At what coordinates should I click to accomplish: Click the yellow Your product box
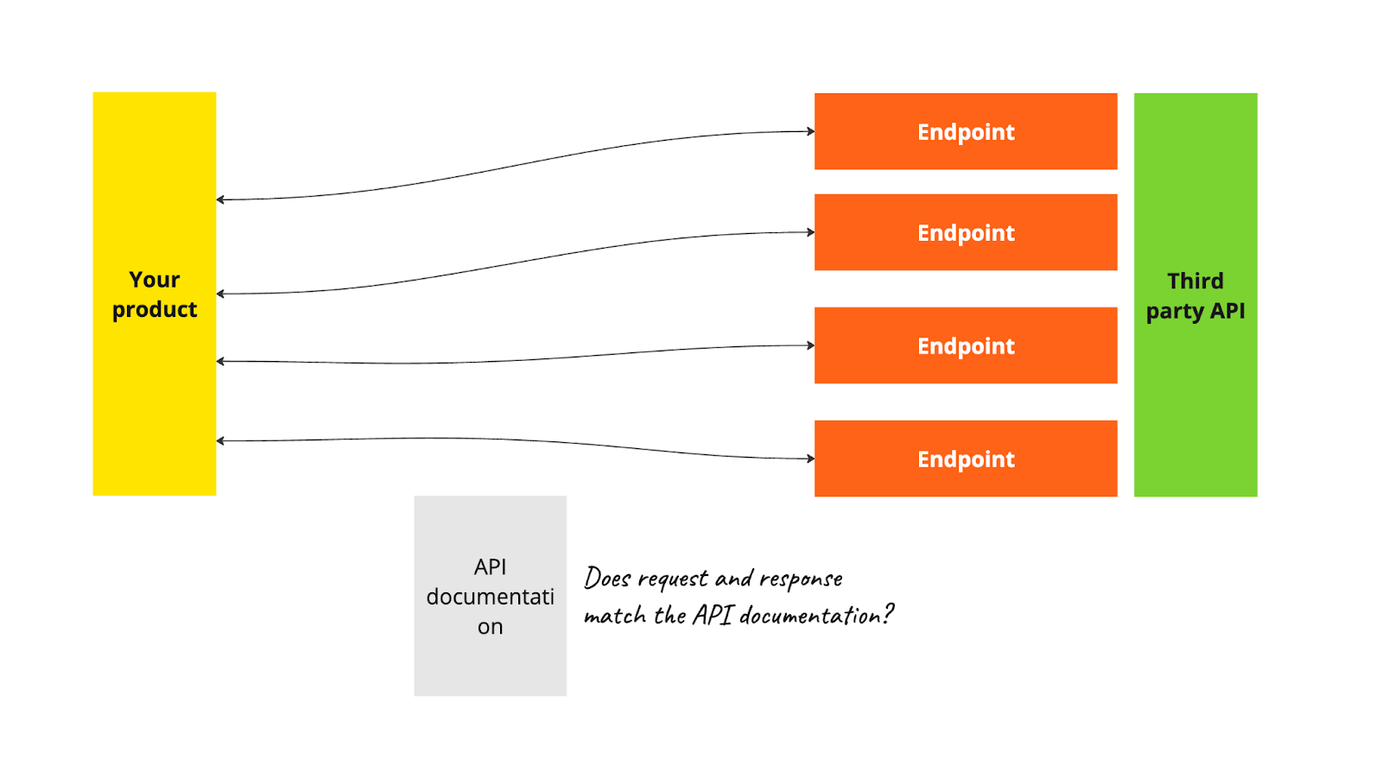154,389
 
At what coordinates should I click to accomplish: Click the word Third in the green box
1195,281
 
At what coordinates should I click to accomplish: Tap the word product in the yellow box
155,309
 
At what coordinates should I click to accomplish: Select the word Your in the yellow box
155,280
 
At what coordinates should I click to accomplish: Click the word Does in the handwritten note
607,578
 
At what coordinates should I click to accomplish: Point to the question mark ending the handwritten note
889,613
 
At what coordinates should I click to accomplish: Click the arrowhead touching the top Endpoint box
811,131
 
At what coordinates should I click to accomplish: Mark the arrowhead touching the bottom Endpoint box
811,459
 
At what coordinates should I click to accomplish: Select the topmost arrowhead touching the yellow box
220,199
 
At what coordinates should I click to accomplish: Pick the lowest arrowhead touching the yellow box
220,441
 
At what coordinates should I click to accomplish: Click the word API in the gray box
490,566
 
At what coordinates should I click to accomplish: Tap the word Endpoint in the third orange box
966,346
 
